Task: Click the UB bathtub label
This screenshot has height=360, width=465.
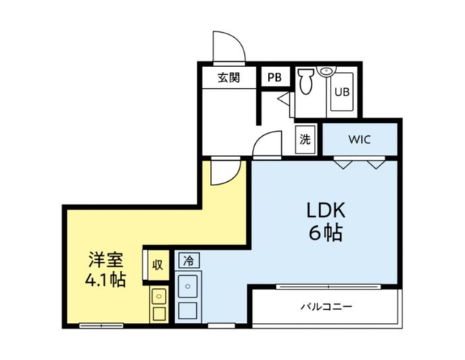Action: pyautogui.click(x=340, y=92)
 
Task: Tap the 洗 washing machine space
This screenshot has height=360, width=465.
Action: pyautogui.click(x=304, y=140)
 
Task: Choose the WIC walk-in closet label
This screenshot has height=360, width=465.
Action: pyautogui.click(x=360, y=140)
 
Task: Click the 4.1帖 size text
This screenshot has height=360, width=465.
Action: pyautogui.click(x=105, y=280)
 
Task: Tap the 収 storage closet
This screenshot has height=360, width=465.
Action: pyautogui.click(x=157, y=263)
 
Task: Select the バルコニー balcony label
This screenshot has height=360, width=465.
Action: pyautogui.click(x=326, y=306)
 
